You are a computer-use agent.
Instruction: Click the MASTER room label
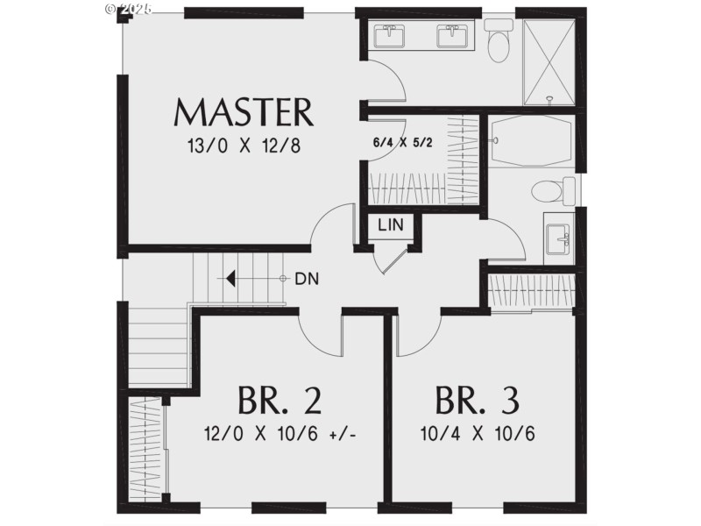coord(244,113)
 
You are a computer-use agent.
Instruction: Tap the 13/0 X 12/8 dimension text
coord(244,146)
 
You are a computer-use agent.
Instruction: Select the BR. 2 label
coord(279,400)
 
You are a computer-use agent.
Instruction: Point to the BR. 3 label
coord(477,400)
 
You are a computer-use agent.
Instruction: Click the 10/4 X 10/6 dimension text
coord(477,434)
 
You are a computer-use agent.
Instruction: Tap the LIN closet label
coord(390,225)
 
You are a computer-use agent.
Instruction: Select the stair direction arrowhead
coord(230,279)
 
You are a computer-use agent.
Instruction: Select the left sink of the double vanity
coord(388,36)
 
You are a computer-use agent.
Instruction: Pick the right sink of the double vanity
coord(453,36)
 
